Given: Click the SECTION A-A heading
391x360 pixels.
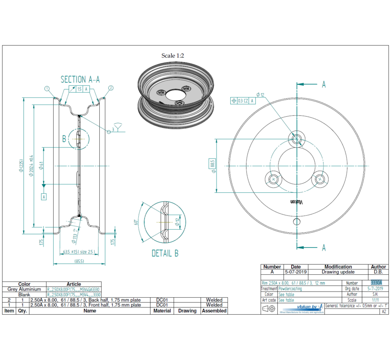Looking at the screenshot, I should point(80,79).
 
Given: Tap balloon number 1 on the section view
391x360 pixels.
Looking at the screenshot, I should point(47,88).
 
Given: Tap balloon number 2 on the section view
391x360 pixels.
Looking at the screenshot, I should point(111,88).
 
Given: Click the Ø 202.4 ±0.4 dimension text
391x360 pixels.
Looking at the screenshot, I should point(31,166).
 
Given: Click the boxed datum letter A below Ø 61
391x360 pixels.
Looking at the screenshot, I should point(44,197).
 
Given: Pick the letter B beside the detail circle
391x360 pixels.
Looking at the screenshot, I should point(64,139).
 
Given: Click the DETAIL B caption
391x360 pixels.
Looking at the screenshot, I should point(165,253).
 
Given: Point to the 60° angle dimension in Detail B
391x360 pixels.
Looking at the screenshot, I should point(137,222).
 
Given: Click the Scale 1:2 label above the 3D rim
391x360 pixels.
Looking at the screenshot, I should point(173,55).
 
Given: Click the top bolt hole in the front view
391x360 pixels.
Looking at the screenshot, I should point(297,139).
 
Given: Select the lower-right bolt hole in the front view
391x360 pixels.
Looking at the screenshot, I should point(320,179).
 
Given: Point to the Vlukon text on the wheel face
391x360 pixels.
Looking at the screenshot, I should point(297,202).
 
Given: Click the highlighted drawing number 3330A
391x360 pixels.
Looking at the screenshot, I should point(377,283).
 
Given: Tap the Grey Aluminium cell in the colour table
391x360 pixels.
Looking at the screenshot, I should point(24,289).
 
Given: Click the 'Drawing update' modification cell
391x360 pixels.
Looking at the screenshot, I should point(338,272).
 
